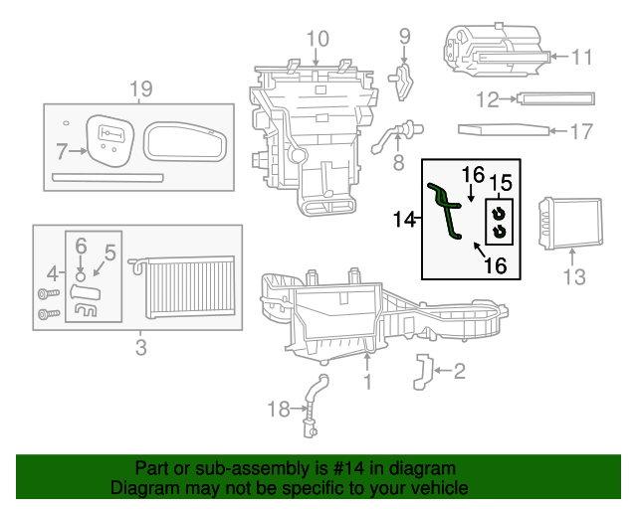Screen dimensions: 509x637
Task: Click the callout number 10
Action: [x=316, y=40]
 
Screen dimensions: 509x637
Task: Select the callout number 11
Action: [x=580, y=57]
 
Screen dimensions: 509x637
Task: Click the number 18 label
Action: [x=280, y=408]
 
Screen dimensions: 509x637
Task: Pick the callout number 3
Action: [x=140, y=347]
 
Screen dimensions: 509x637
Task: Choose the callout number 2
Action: [x=459, y=372]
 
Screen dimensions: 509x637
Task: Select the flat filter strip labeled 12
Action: [x=555, y=98]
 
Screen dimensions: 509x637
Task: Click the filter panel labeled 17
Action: [x=503, y=129]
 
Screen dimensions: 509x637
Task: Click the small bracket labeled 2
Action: [x=422, y=370]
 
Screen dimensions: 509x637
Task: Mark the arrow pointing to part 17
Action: [x=558, y=130]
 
